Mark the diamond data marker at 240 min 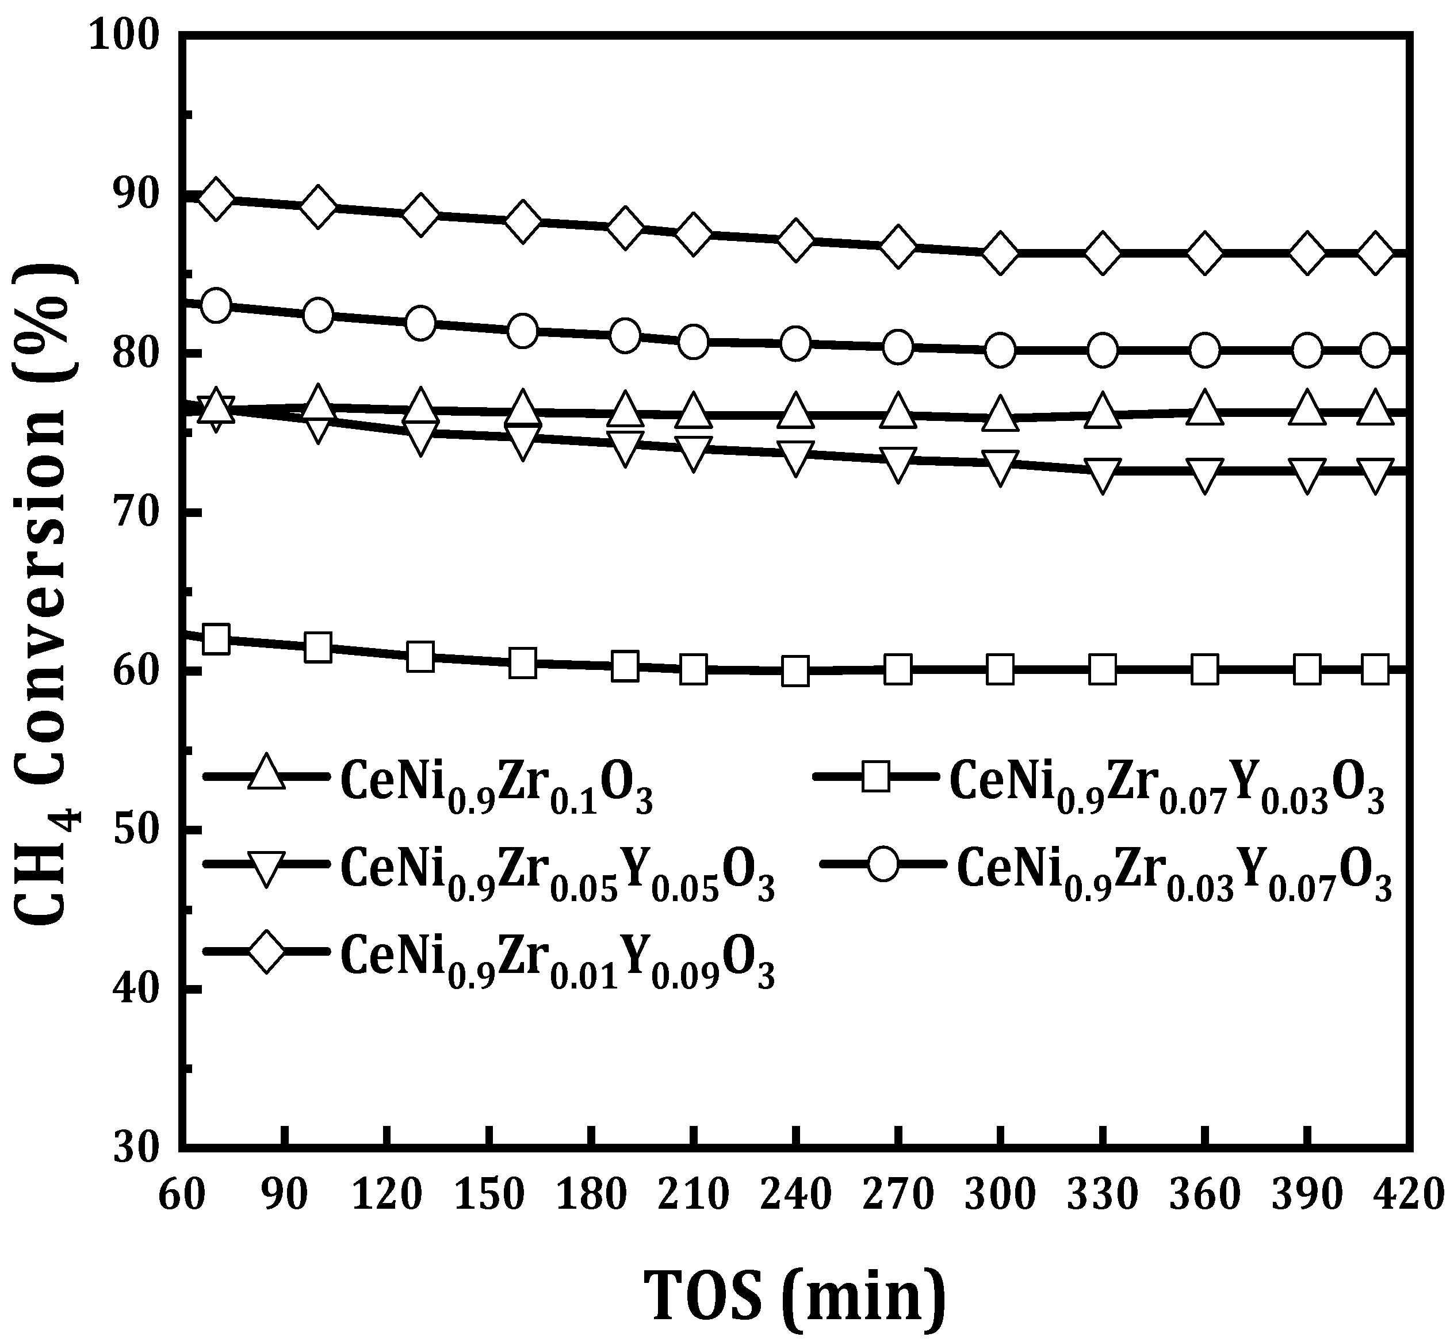click(796, 239)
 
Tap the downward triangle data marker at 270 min click(898, 462)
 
